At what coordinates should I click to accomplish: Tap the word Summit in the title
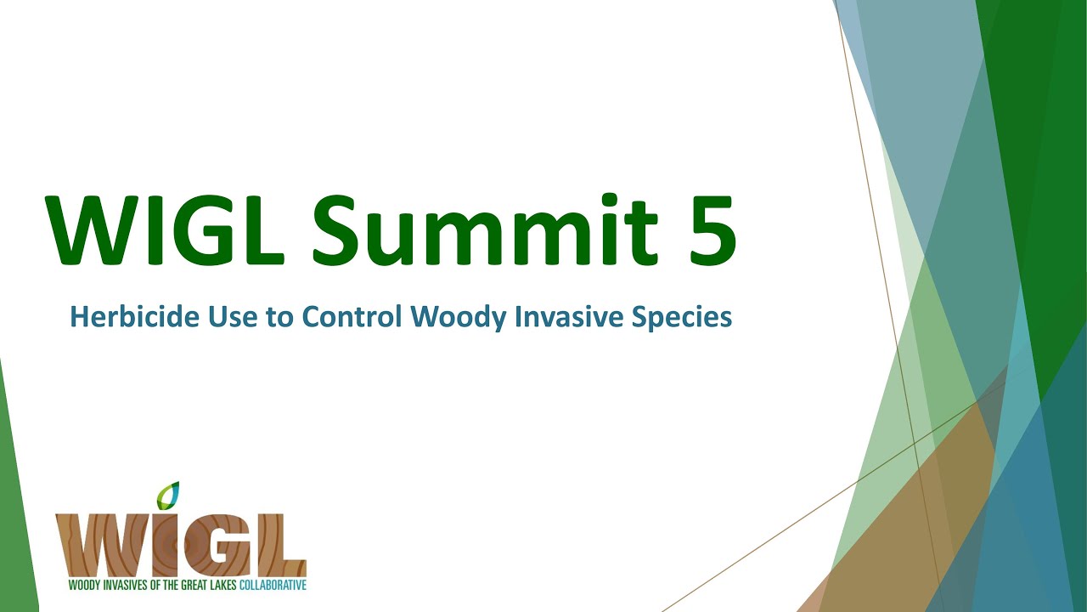[x=484, y=229]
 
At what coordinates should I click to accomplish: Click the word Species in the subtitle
[x=684, y=317]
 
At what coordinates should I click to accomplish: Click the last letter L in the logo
[x=281, y=544]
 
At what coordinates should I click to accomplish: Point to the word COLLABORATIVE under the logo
[x=273, y=586]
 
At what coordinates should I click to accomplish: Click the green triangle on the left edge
[x=17, y=510]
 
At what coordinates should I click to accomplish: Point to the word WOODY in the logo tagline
[x=83, y=586]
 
